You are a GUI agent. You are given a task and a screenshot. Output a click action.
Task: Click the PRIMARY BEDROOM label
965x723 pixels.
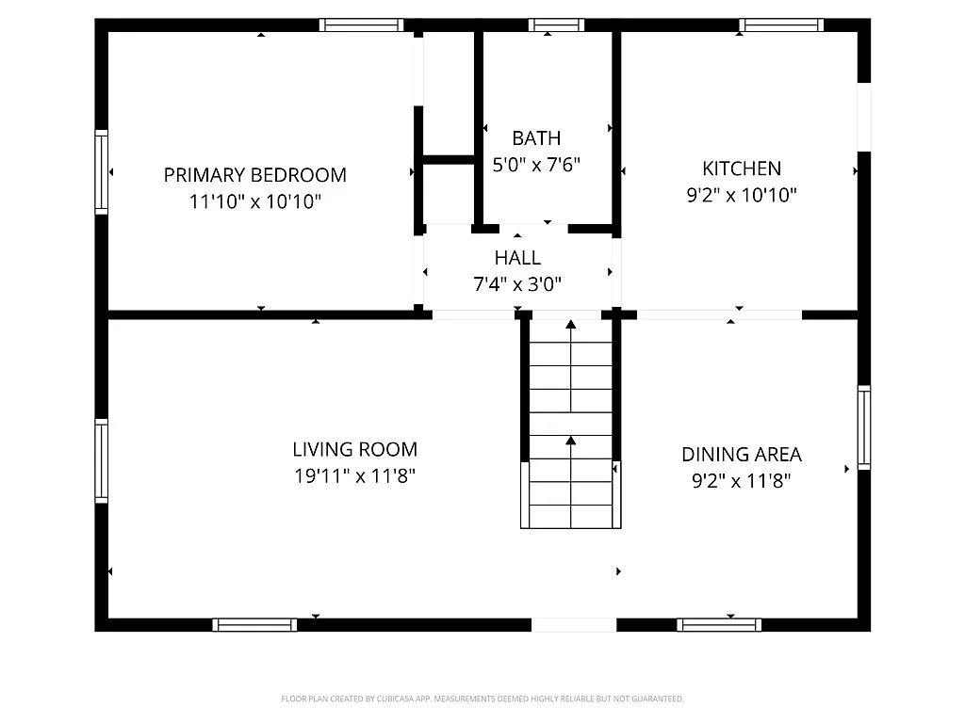pyautogui.click(x=254, y=175)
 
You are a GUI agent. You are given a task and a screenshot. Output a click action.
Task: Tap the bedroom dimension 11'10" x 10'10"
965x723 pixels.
pyautogui.click(x=254, y=201)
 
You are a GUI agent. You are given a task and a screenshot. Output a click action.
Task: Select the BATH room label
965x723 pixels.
pyautogui.click(x=536, y=138)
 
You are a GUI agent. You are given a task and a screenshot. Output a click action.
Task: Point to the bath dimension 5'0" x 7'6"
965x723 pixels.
pyautogui.click(x=536, y=165)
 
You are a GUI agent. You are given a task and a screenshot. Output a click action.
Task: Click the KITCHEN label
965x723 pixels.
pyautogui.click(x=742, y=169)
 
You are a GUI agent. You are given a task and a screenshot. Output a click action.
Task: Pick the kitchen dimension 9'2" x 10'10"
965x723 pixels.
pyautogui.click(x=742, y=195)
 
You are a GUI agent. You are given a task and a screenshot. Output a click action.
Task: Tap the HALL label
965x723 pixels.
pyautogui.click(x=517, y=258)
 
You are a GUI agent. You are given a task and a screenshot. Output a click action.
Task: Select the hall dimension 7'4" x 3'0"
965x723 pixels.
pyautogui.click(x=517, y=283)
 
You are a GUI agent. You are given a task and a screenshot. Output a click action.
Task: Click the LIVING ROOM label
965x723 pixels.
pyautogui.click(x=354, y=450)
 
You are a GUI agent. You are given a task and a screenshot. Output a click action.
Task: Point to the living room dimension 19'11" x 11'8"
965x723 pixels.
pyautogui.click(x=354, y=476)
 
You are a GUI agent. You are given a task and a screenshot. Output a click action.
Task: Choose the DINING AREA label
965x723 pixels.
pyautogui.click(x=742, y=455)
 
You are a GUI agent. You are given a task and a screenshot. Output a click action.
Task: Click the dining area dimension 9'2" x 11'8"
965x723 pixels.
pyautogui.click(x=742, y=481)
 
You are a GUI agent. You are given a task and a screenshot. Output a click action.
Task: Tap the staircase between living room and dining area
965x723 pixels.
pyautogui.click(x=570, y=424)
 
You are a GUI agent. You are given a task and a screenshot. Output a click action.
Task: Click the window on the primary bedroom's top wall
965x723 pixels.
pyautogui.click(x=361, y=25)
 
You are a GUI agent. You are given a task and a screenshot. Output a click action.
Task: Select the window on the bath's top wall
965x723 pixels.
pyautogui.click(x=556, y=25)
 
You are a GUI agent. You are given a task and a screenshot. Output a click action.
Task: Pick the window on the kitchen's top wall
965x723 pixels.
pyautogui.click(x=781, y=25)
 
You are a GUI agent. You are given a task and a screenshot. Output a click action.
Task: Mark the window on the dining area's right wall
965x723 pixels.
pyautogui.click(x=863, y=427)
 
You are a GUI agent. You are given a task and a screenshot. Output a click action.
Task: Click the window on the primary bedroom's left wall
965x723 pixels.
pyautogui.click(x=101, y=171)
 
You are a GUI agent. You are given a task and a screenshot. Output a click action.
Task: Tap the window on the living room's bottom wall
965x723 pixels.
pyautogui.click(x=254, y=624)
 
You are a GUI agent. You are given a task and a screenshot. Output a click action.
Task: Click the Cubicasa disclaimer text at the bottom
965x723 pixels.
pyautogui.click(x=482, y=699)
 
